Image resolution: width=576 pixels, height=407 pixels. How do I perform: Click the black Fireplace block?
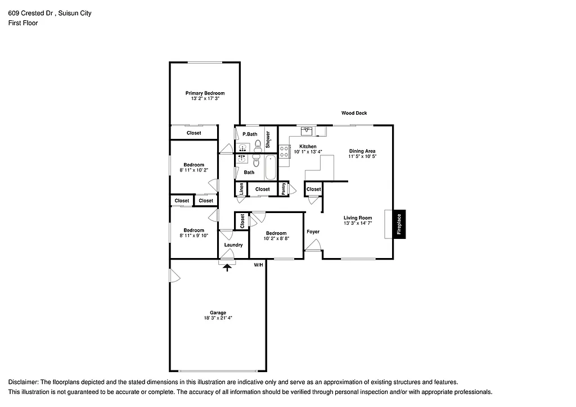click(x=399, y=224)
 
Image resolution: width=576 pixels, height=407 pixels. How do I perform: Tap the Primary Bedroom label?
click(x=205, y=93)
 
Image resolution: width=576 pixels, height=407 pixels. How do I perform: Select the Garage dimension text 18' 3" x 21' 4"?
click(x=218, y=318)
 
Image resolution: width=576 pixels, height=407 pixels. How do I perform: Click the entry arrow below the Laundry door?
click(x=227, y=268)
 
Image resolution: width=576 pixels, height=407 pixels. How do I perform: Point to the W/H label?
click(x=258, y=264)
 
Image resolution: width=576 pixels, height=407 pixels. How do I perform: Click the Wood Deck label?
click(x=354, y=113)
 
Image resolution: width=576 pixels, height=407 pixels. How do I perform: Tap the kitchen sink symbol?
click(x=307, y=132)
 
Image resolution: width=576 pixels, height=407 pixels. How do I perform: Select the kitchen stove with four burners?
click(x=285, y=151)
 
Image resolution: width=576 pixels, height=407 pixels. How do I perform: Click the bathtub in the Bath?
click(x=271, y=168)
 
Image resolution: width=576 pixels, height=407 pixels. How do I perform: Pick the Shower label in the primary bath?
click(x=268, y=139)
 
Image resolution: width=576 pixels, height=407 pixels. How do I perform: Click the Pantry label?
click(x=284, y=189)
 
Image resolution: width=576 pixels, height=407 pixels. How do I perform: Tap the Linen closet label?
click(x=241, y=189)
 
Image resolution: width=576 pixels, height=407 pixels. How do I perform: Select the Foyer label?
click(x=313, y=232)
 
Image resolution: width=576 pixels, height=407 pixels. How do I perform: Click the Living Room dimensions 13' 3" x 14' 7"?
click(x=358, y=223)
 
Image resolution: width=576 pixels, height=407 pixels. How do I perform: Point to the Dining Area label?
click(x=362, y=151)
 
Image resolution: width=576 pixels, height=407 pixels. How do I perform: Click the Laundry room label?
click(x=233, y=245)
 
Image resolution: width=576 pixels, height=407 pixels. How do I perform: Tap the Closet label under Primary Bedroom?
click(x=194, y=133)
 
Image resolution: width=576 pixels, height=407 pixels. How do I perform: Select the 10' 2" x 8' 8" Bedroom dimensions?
click(x=276, y=239)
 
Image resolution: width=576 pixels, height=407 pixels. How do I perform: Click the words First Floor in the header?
click(x=23, y=23)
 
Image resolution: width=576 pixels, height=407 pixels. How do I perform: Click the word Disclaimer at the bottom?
click(x=23, y=382)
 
